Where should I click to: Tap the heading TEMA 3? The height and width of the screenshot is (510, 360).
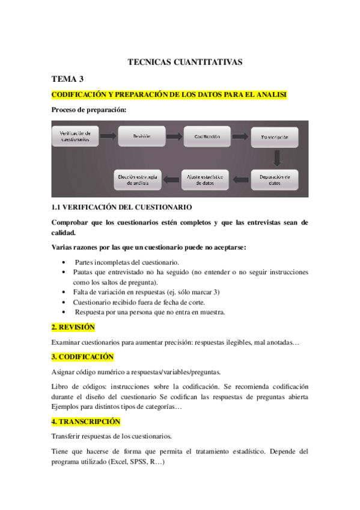pos(67,79)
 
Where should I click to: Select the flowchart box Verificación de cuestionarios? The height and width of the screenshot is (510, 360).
pos(75,137)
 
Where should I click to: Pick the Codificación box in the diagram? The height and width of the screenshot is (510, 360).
pos(207,137)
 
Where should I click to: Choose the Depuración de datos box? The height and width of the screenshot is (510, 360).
pos(275,179)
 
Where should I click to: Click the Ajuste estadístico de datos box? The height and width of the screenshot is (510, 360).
pos(205,179)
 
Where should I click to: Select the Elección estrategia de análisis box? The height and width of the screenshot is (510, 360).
pos(138,179)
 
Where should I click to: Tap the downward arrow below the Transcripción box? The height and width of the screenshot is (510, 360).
pos(276,158)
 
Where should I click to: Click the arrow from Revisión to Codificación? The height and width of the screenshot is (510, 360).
pos(174,137)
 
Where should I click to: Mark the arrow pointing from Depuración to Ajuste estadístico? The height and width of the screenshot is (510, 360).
pos(240,179)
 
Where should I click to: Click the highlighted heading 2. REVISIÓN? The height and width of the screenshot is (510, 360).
pos(73,328)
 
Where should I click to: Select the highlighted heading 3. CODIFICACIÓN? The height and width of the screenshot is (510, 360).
pos(82,357)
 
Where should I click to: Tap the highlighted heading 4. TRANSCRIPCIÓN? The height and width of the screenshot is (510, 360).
pos(86,422)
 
